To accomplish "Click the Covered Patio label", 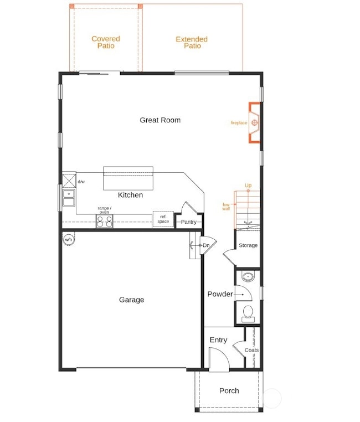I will (106, 43).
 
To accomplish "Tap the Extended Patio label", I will (192, 43).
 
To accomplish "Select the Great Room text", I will (160, 120).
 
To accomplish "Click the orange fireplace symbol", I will (255, 122).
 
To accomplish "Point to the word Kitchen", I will (130, 195).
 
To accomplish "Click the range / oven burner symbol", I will (105, 222).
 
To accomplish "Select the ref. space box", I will (163, 219).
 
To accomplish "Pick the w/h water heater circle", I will (69, 239).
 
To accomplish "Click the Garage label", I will (131, 300).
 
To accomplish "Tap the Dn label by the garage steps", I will (206, 245).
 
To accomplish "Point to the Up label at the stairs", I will (248, 186).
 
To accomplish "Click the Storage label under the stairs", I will (248, 245).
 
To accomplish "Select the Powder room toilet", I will (248, 313).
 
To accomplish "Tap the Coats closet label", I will (251, 350).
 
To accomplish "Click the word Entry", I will (218, 340).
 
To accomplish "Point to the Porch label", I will (229, 390).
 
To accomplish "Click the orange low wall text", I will (226, 206).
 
